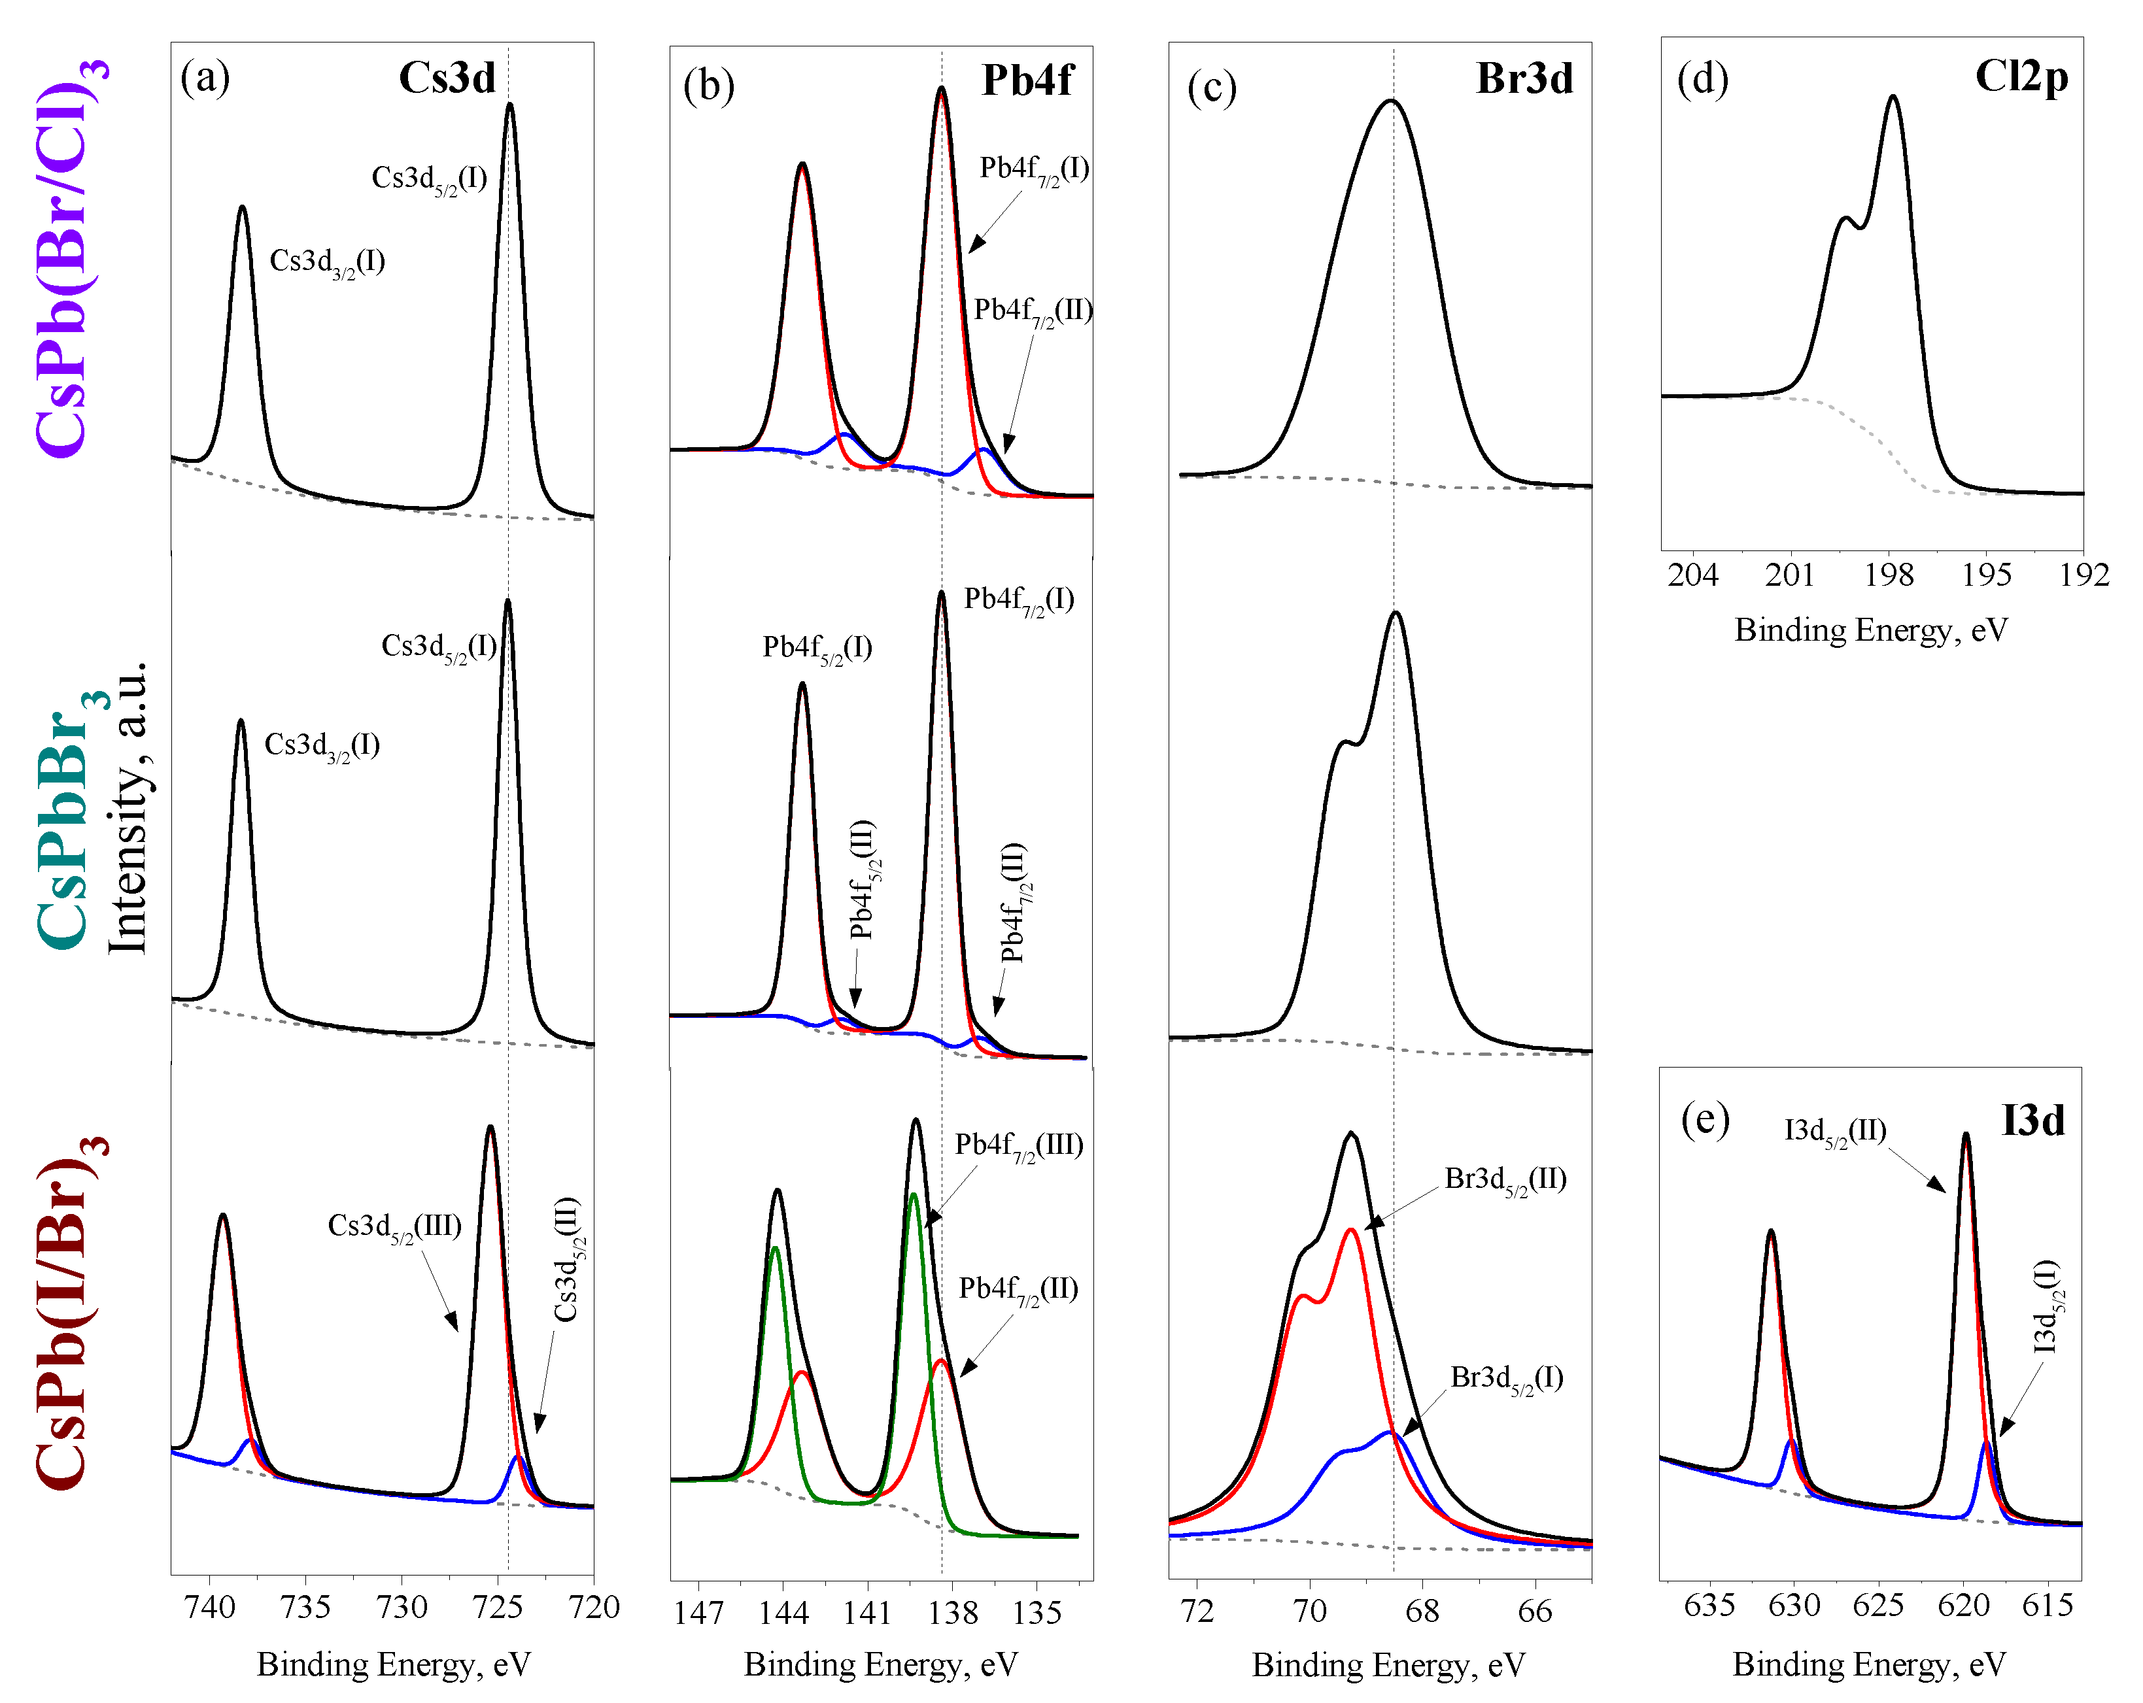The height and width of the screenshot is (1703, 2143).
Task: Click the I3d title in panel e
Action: point(2032,1121)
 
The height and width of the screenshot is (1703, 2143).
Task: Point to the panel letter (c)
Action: point(1212,88)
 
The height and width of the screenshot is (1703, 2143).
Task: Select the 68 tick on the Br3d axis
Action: point(1422,1611)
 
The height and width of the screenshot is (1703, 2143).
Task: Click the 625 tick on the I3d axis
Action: point(1877,1606)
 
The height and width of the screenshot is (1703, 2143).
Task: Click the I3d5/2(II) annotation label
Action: point(1835,1132)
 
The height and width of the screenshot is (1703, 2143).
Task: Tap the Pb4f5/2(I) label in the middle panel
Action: point(817,649)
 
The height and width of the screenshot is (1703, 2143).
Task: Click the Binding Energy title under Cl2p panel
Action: point(1871,630)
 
